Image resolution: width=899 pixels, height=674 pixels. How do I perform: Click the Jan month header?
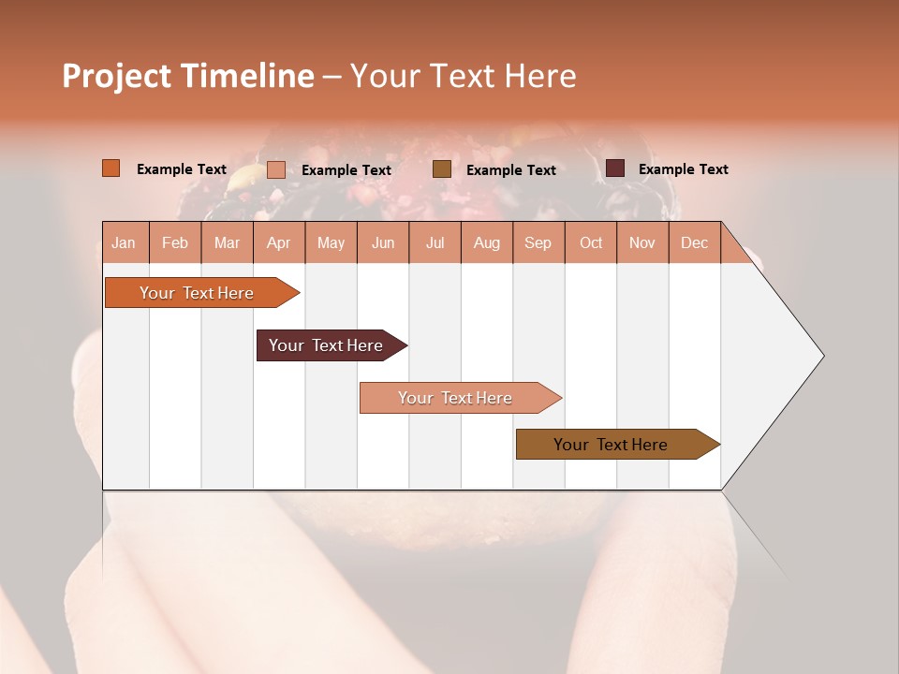tap(124, 242)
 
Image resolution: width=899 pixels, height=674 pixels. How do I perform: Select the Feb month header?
tap(175, 242)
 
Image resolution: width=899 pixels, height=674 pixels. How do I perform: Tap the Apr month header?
tap(278, 242)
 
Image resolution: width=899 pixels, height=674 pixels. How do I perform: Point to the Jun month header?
tap(383, 242)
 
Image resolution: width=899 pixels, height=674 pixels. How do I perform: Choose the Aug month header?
tap(486, 242)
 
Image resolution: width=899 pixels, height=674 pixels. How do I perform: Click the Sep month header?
tap(538, 242)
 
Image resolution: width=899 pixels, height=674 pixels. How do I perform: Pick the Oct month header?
tap(591, 242)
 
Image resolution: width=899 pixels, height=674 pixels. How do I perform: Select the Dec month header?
tap(694, 242)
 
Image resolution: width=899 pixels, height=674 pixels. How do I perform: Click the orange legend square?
tap(111, 168)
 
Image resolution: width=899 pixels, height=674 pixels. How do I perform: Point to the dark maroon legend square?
tap(615, 168)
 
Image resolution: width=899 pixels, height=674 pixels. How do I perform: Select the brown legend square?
tap(442, 169)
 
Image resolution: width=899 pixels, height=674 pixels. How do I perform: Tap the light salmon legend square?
tap(276, 169)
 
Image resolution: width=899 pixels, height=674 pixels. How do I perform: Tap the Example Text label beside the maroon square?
tap(683, 169)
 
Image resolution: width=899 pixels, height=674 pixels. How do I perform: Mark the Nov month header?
tap(641, 242)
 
